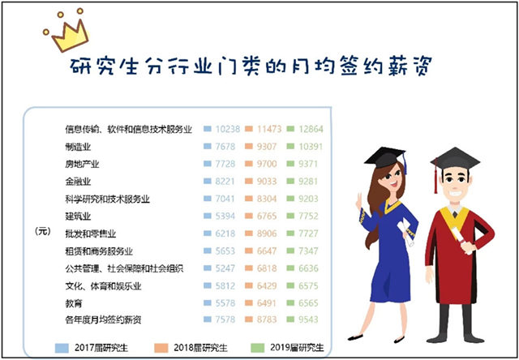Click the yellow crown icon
point(67,31)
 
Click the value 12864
point(311,129)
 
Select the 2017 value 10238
point(228,129)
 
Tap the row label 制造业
point(78,147)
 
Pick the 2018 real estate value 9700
point(267,164)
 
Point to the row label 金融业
point(78,182)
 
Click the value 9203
point(308,199)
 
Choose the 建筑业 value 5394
point(225,216)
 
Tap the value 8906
point(267,234)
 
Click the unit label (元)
point(43,232)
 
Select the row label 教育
point(74,303)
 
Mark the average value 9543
point(308,319)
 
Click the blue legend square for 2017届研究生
point(62,348)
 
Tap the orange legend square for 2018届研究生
point(161,348)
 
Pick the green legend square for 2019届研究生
point(258,348)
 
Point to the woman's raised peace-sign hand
point(358,200)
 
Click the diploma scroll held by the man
point(462,239)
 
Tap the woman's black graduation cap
point(386,158)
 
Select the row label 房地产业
point(82,164)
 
